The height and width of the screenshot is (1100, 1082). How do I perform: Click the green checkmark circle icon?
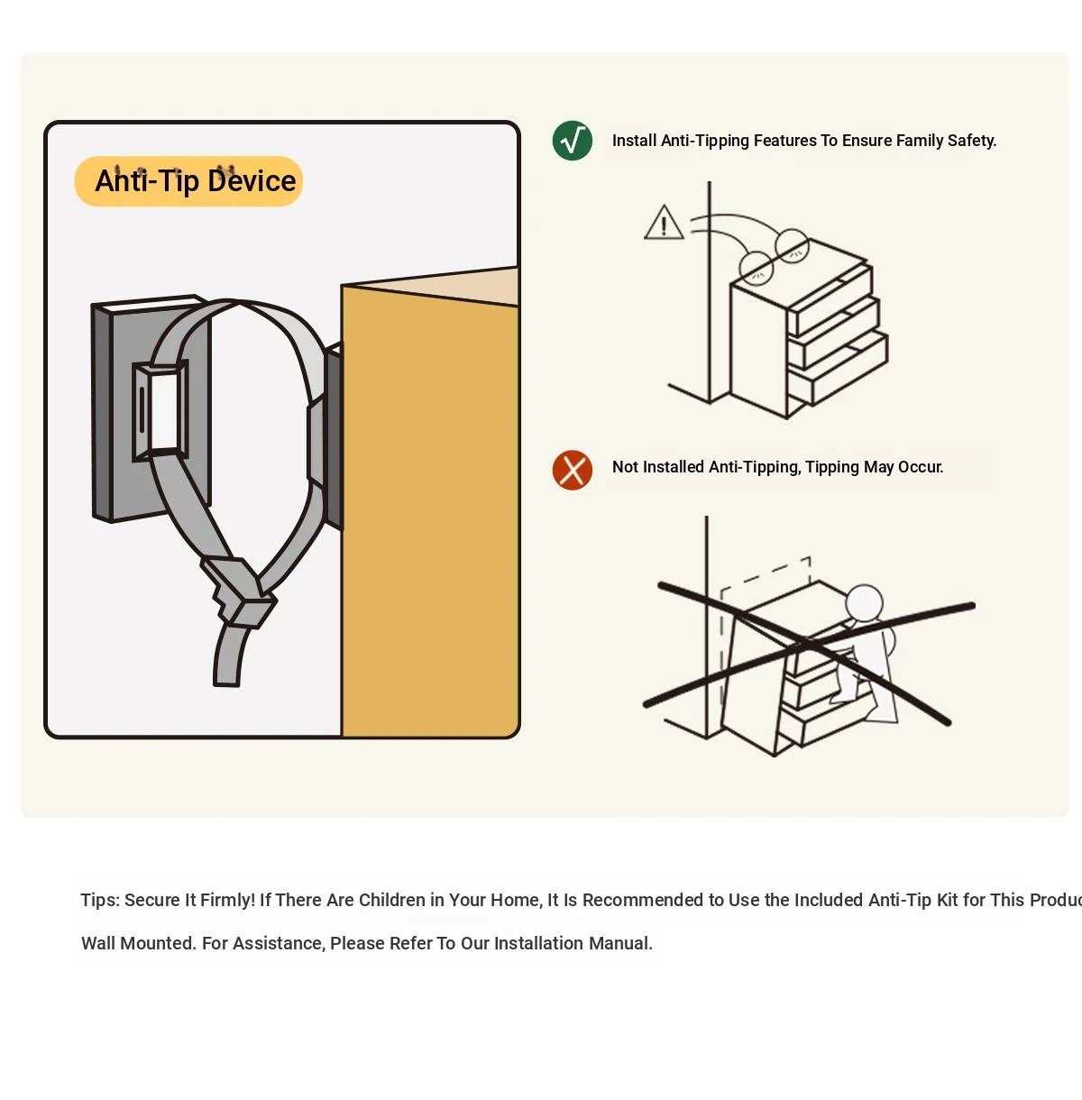(573, 141)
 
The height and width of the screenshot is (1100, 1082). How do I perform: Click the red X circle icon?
(573, 471)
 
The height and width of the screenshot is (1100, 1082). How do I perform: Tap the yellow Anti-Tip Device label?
(189, 181)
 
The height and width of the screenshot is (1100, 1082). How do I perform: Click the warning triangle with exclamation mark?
(664, 222)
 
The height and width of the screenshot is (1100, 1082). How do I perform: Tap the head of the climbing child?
(864, 602)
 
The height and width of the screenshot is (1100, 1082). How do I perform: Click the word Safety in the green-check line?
(972, 141)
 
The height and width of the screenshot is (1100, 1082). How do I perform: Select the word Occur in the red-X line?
(921, 467)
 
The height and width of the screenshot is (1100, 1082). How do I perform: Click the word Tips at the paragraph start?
(99, 900)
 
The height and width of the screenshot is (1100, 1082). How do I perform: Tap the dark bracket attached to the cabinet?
(333, 437)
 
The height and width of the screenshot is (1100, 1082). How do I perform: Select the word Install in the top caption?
(634, 141)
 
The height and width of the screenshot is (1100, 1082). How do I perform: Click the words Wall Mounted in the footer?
(138, 943)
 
